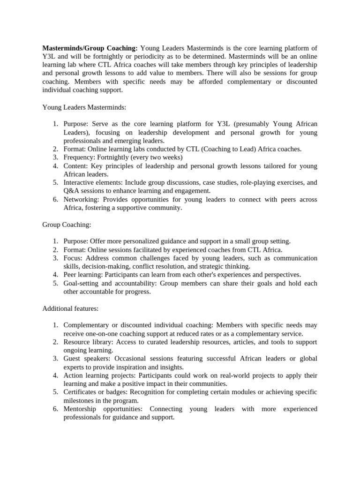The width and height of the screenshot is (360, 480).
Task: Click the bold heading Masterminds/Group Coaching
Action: [90, 48]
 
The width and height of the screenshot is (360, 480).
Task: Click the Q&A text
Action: [71, 191]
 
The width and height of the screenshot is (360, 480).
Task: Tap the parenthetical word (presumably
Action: [252, 124]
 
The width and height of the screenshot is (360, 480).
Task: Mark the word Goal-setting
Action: [81, 283]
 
